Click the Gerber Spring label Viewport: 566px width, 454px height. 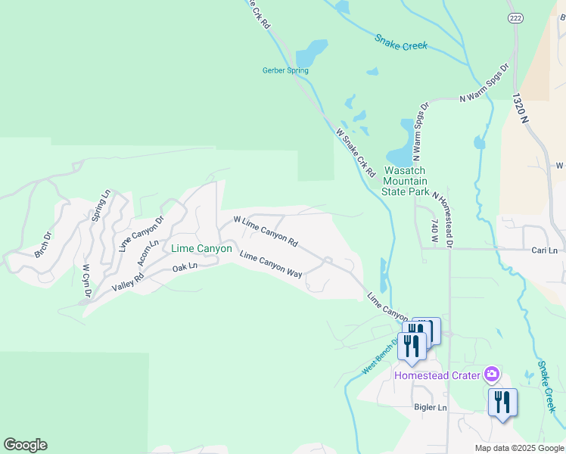285,70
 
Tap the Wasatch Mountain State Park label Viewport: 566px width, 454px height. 405,182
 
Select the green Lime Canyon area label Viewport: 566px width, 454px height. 201,248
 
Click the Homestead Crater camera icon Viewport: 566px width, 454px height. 492,374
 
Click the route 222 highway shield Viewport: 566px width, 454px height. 515,17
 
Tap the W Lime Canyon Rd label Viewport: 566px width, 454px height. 266,230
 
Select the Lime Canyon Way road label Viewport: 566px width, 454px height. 270,266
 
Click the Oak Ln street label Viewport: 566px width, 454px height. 185,267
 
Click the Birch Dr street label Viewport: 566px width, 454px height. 43,244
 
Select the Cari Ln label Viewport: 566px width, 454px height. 544,250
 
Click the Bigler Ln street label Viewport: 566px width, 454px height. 431,408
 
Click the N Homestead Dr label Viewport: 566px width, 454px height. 442,220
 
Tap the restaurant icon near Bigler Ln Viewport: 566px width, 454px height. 502,403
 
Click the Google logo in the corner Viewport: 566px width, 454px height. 25,445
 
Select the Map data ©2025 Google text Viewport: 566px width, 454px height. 518,448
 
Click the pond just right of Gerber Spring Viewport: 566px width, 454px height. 312,54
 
